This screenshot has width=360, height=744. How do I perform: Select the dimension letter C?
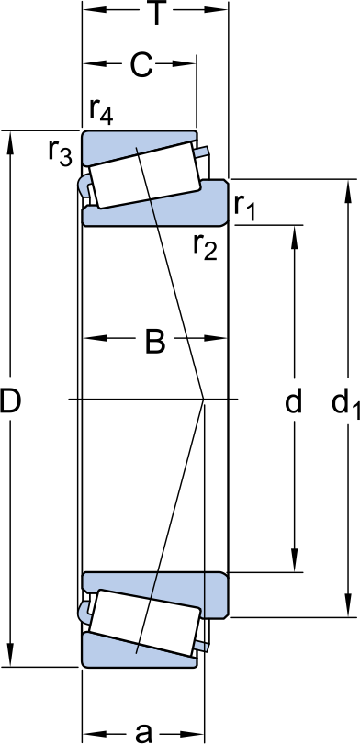click(x=141, y=65)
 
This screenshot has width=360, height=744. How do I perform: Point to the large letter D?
click(x=11, y=400)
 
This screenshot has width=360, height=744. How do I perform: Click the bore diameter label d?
click(x=293, y=400)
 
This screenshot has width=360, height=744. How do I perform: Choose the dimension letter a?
click(x=142, y=731)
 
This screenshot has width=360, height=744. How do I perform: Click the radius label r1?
click(x=244, y=208)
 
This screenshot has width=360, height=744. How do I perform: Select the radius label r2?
click(x=205, y=246)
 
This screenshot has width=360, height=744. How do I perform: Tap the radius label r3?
click(x=60, y=152)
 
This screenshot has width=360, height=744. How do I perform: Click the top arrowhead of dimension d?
click(x=294, y=230)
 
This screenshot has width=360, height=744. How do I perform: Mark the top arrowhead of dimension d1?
click(x=347, y=186)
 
